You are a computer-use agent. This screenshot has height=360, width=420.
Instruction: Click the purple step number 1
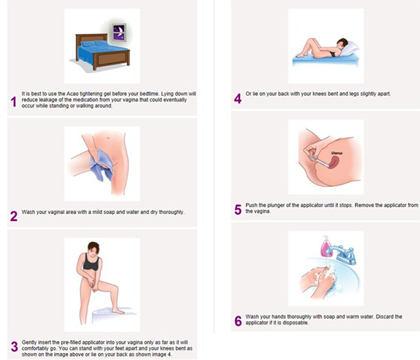[14, 101]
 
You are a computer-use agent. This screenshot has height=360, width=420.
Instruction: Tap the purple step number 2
[14, 216]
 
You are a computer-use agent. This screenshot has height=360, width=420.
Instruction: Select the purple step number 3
[14, 346]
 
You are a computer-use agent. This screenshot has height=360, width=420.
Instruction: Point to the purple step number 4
[238, 99]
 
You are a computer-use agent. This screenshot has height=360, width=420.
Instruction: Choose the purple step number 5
[238, 210]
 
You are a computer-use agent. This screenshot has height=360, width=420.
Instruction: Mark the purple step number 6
[238, 321]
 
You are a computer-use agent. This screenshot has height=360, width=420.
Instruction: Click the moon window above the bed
[119, 32]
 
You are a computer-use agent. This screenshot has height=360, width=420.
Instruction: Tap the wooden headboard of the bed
[91, 39]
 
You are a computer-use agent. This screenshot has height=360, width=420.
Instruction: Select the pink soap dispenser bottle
[325, 246]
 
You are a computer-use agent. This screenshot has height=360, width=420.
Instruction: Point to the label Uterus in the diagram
[337, 153]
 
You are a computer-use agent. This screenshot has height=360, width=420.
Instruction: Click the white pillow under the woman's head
[349, 50]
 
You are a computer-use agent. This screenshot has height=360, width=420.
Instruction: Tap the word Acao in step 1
[72, 94]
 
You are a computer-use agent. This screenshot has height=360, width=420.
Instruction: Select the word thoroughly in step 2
[172, 212]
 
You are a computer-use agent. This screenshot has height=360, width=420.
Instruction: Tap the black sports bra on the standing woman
[91, 261]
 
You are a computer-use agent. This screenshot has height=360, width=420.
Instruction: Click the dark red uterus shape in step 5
[334, 163]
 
